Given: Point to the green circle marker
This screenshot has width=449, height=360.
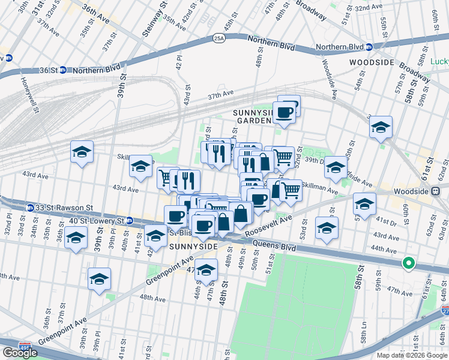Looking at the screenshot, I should tap(409, 263).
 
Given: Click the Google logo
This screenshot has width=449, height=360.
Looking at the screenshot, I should tap(20, 353).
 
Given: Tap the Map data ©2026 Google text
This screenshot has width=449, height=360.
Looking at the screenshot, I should tap(412, 354).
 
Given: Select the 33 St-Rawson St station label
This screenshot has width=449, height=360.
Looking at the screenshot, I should tap(64, 208).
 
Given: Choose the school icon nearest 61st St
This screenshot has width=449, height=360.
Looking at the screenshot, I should tap(381, 127).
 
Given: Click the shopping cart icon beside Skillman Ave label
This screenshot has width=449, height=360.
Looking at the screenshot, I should tap(291, 190).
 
